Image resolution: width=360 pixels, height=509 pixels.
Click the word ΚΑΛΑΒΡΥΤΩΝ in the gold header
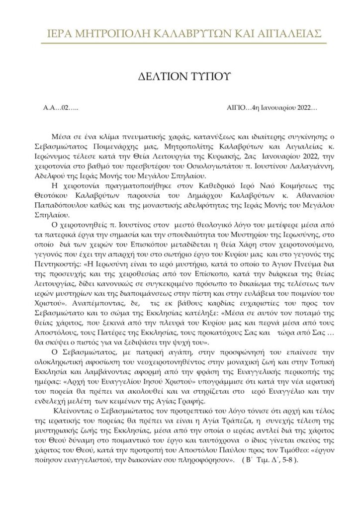pos(190,33)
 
